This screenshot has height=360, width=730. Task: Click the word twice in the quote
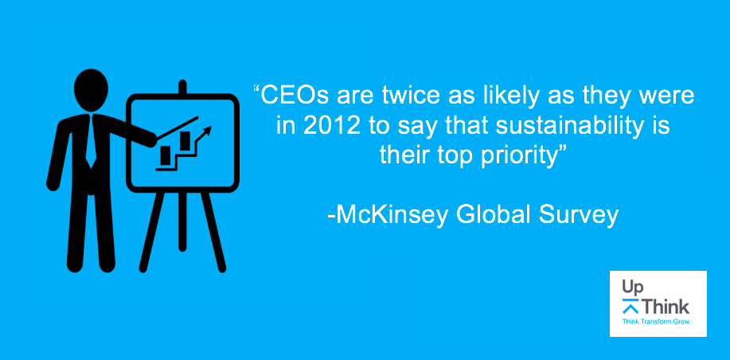415,96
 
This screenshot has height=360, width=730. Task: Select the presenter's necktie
90,139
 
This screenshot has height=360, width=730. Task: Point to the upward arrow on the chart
202,135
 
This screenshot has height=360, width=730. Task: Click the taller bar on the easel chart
185,141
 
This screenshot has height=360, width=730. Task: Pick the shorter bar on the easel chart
166,155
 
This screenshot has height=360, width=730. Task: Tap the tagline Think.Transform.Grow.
657,322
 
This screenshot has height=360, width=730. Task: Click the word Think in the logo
666,307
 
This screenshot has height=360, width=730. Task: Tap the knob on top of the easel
182,87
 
